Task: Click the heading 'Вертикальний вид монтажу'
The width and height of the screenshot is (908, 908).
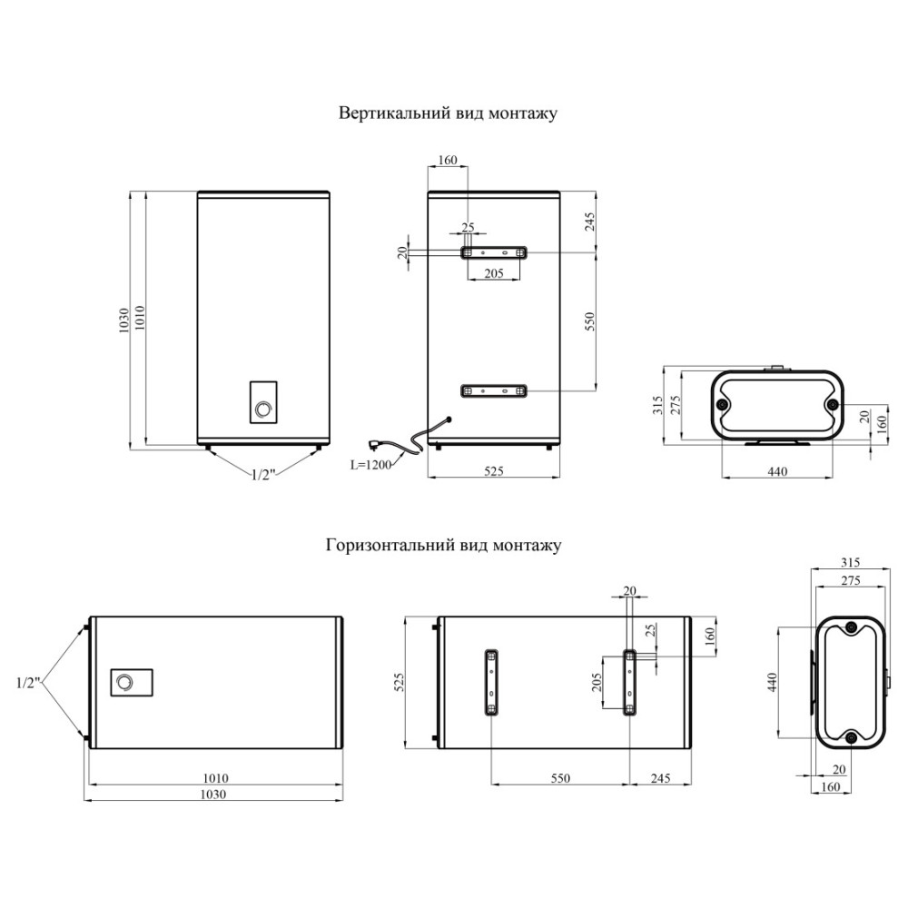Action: [448, 113]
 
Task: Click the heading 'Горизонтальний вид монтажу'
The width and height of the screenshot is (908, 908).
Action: [444, 546]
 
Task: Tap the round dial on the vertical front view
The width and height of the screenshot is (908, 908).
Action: [263, 410]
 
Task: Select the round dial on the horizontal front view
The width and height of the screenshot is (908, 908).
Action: [124, 683]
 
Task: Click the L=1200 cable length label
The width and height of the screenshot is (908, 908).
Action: [370, 464]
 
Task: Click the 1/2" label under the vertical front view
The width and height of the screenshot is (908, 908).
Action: [262, 475]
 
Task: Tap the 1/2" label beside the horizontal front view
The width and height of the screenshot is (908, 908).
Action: [28, 683]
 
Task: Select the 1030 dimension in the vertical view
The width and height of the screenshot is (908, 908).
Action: [123, 320]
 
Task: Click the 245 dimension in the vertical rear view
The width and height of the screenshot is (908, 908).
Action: [589, 222]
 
